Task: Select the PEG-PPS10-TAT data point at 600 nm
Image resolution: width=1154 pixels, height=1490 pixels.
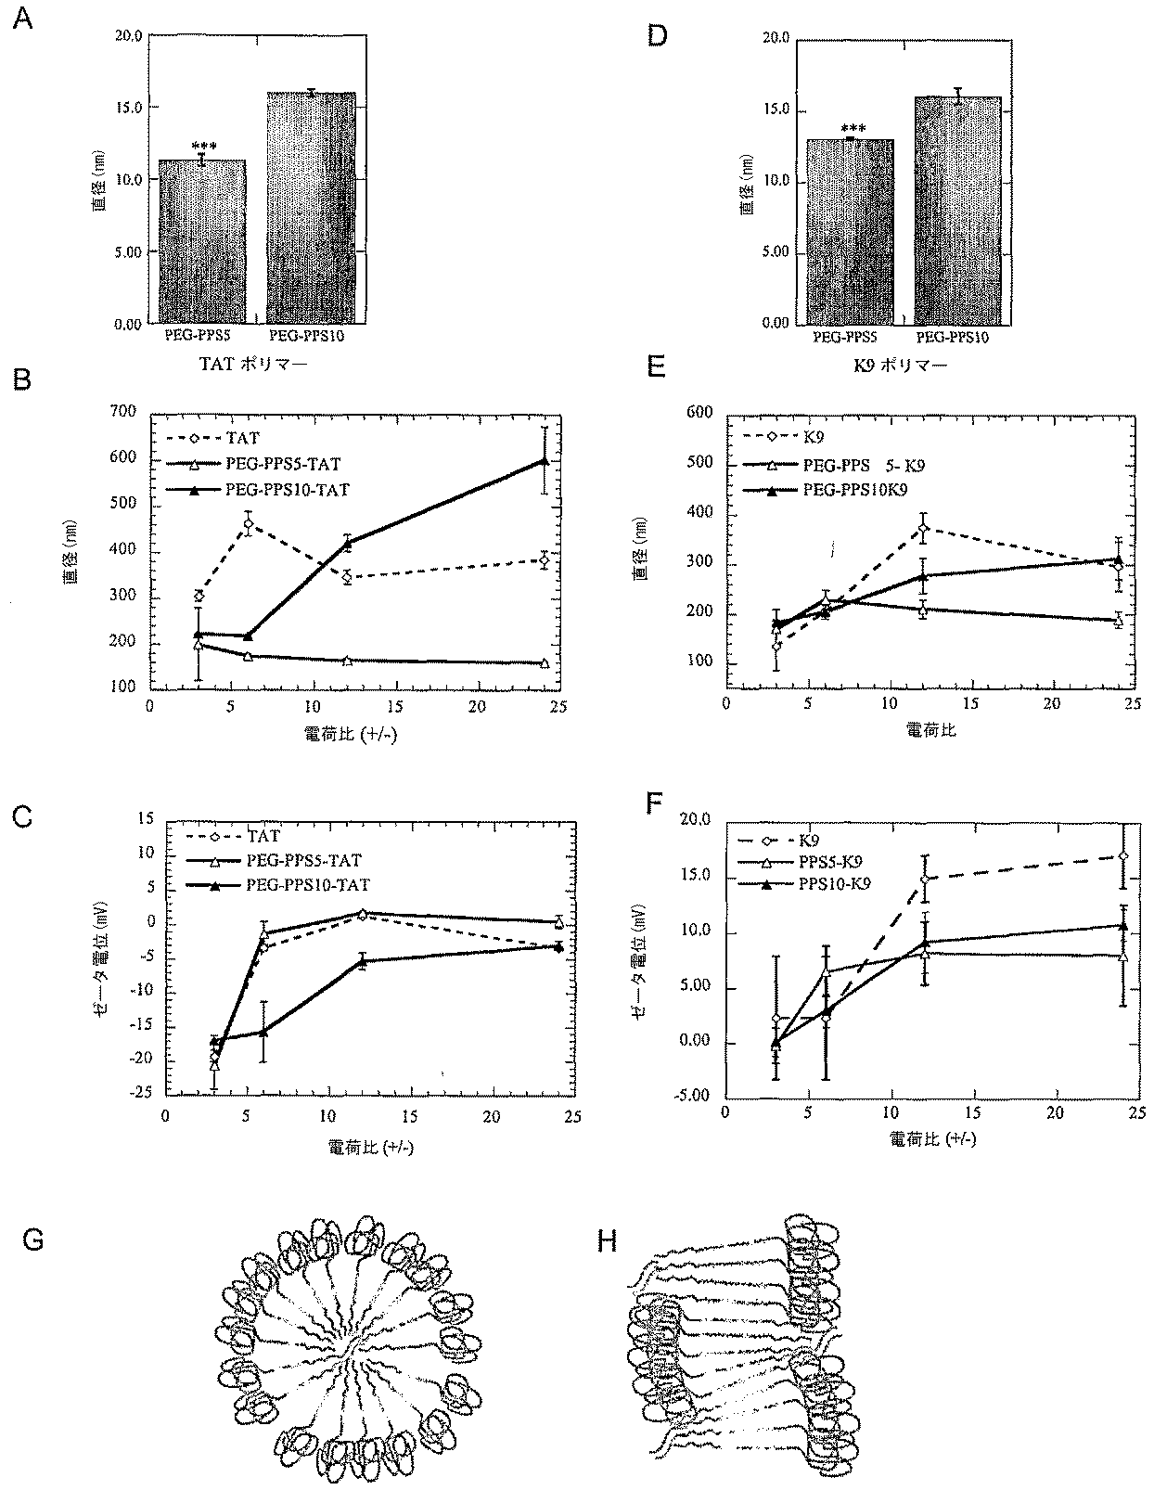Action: click(x=545, y=460)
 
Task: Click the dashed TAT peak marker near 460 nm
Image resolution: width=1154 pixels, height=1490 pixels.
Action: click(x=248, y=525)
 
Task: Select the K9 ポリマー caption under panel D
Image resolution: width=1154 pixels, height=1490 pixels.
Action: click(x=901, y=365)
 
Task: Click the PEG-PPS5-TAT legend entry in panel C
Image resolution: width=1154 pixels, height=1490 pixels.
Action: click(x=303, y=861)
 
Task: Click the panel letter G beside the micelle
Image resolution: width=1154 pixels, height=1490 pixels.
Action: click(x=33, y=1240)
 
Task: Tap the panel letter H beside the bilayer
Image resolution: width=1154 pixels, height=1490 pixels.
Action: click(x=608, y=1241)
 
